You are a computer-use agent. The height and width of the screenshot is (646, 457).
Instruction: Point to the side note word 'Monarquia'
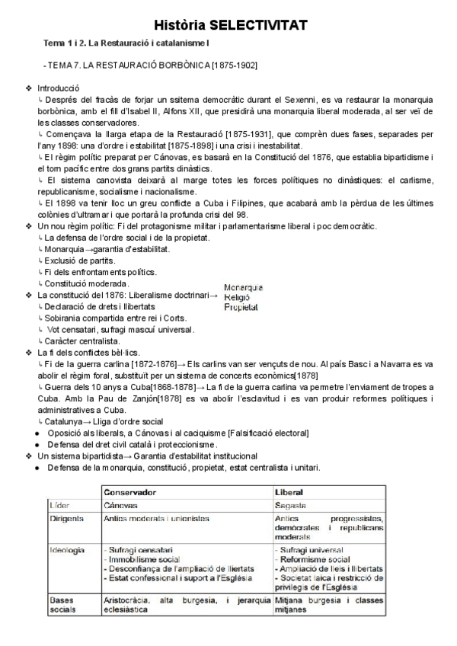tap(243, 288)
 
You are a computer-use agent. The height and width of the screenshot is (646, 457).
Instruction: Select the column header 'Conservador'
tap(130, 492)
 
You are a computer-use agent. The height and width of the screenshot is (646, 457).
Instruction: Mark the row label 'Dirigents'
tap(66, 518)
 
